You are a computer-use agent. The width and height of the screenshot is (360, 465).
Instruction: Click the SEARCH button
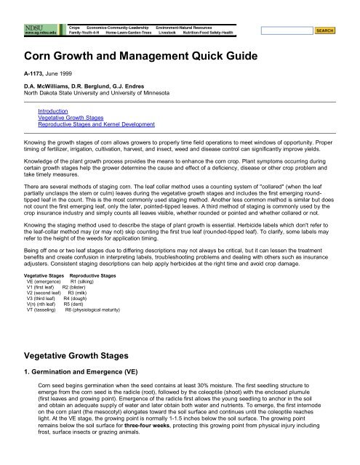coord(324,31)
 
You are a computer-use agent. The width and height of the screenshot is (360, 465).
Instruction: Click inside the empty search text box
coord(284,31)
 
